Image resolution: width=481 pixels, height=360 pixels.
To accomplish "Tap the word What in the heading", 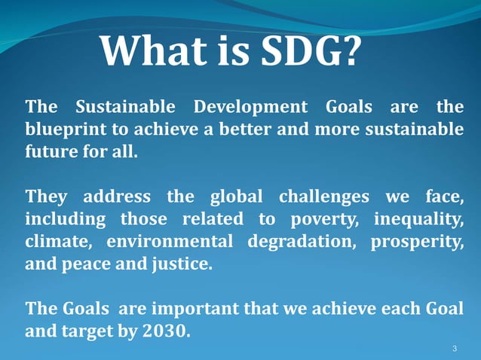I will point(143,51).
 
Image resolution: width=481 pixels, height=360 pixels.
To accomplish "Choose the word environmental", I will point(170,243).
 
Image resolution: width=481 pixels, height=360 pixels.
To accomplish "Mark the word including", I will point(66,220).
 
